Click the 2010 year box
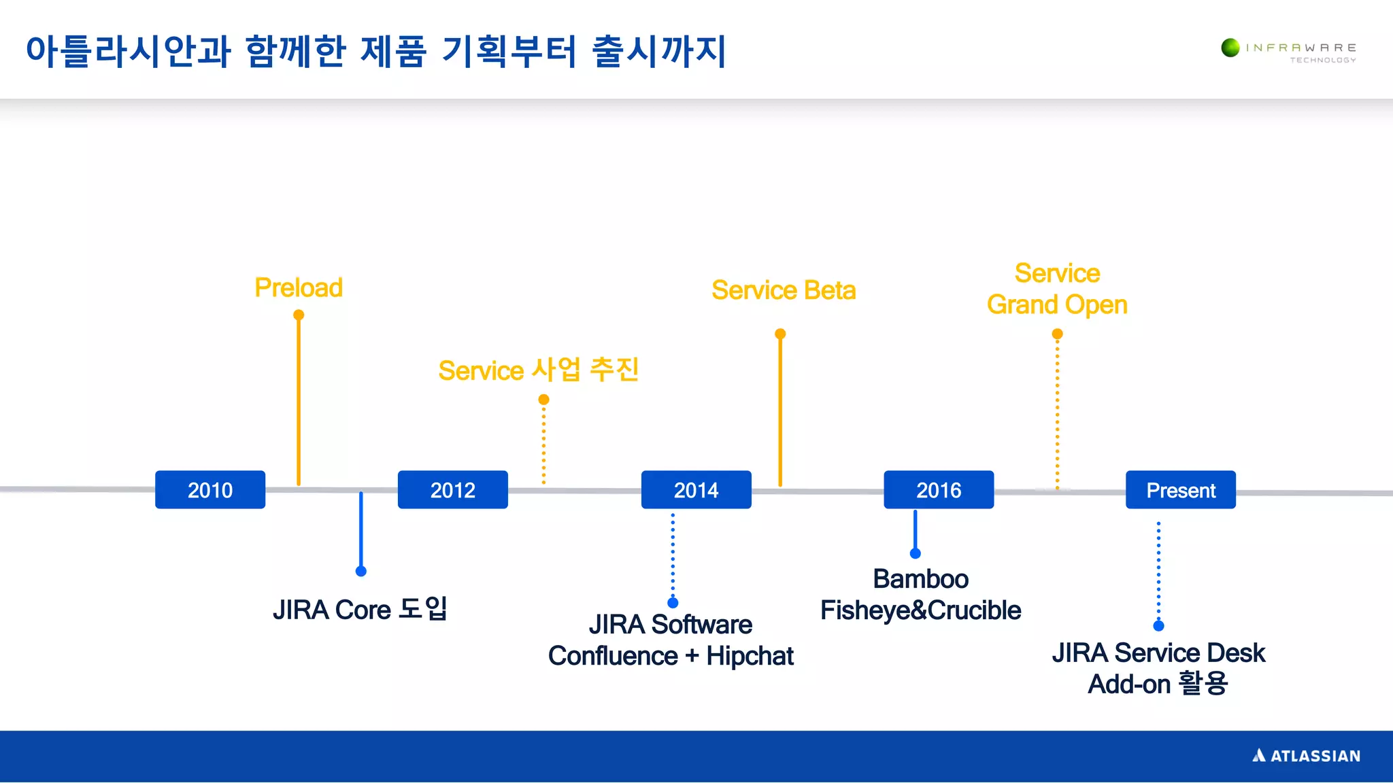pos(209,489)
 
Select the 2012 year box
pos(452,489)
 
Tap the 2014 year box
pos(696,489)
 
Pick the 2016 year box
pos(938,489)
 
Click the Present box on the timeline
pos(1180,489)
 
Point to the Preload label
pos(298,288)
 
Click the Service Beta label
pos(783,290)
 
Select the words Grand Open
pos(1056,304)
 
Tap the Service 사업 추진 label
pos(538,370)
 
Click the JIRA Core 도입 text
pos(360,609)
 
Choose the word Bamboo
pos(920,579)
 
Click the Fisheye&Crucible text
pos(920,610)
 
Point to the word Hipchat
pos(750,656)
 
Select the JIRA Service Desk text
pos(1158,652)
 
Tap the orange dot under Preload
pos(299,315)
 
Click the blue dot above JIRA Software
pos(673,602)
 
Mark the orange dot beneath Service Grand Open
pos(1057,334)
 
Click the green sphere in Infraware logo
pos(1230,48)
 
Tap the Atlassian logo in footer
pos(1306,756)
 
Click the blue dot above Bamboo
pos(916,553)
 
